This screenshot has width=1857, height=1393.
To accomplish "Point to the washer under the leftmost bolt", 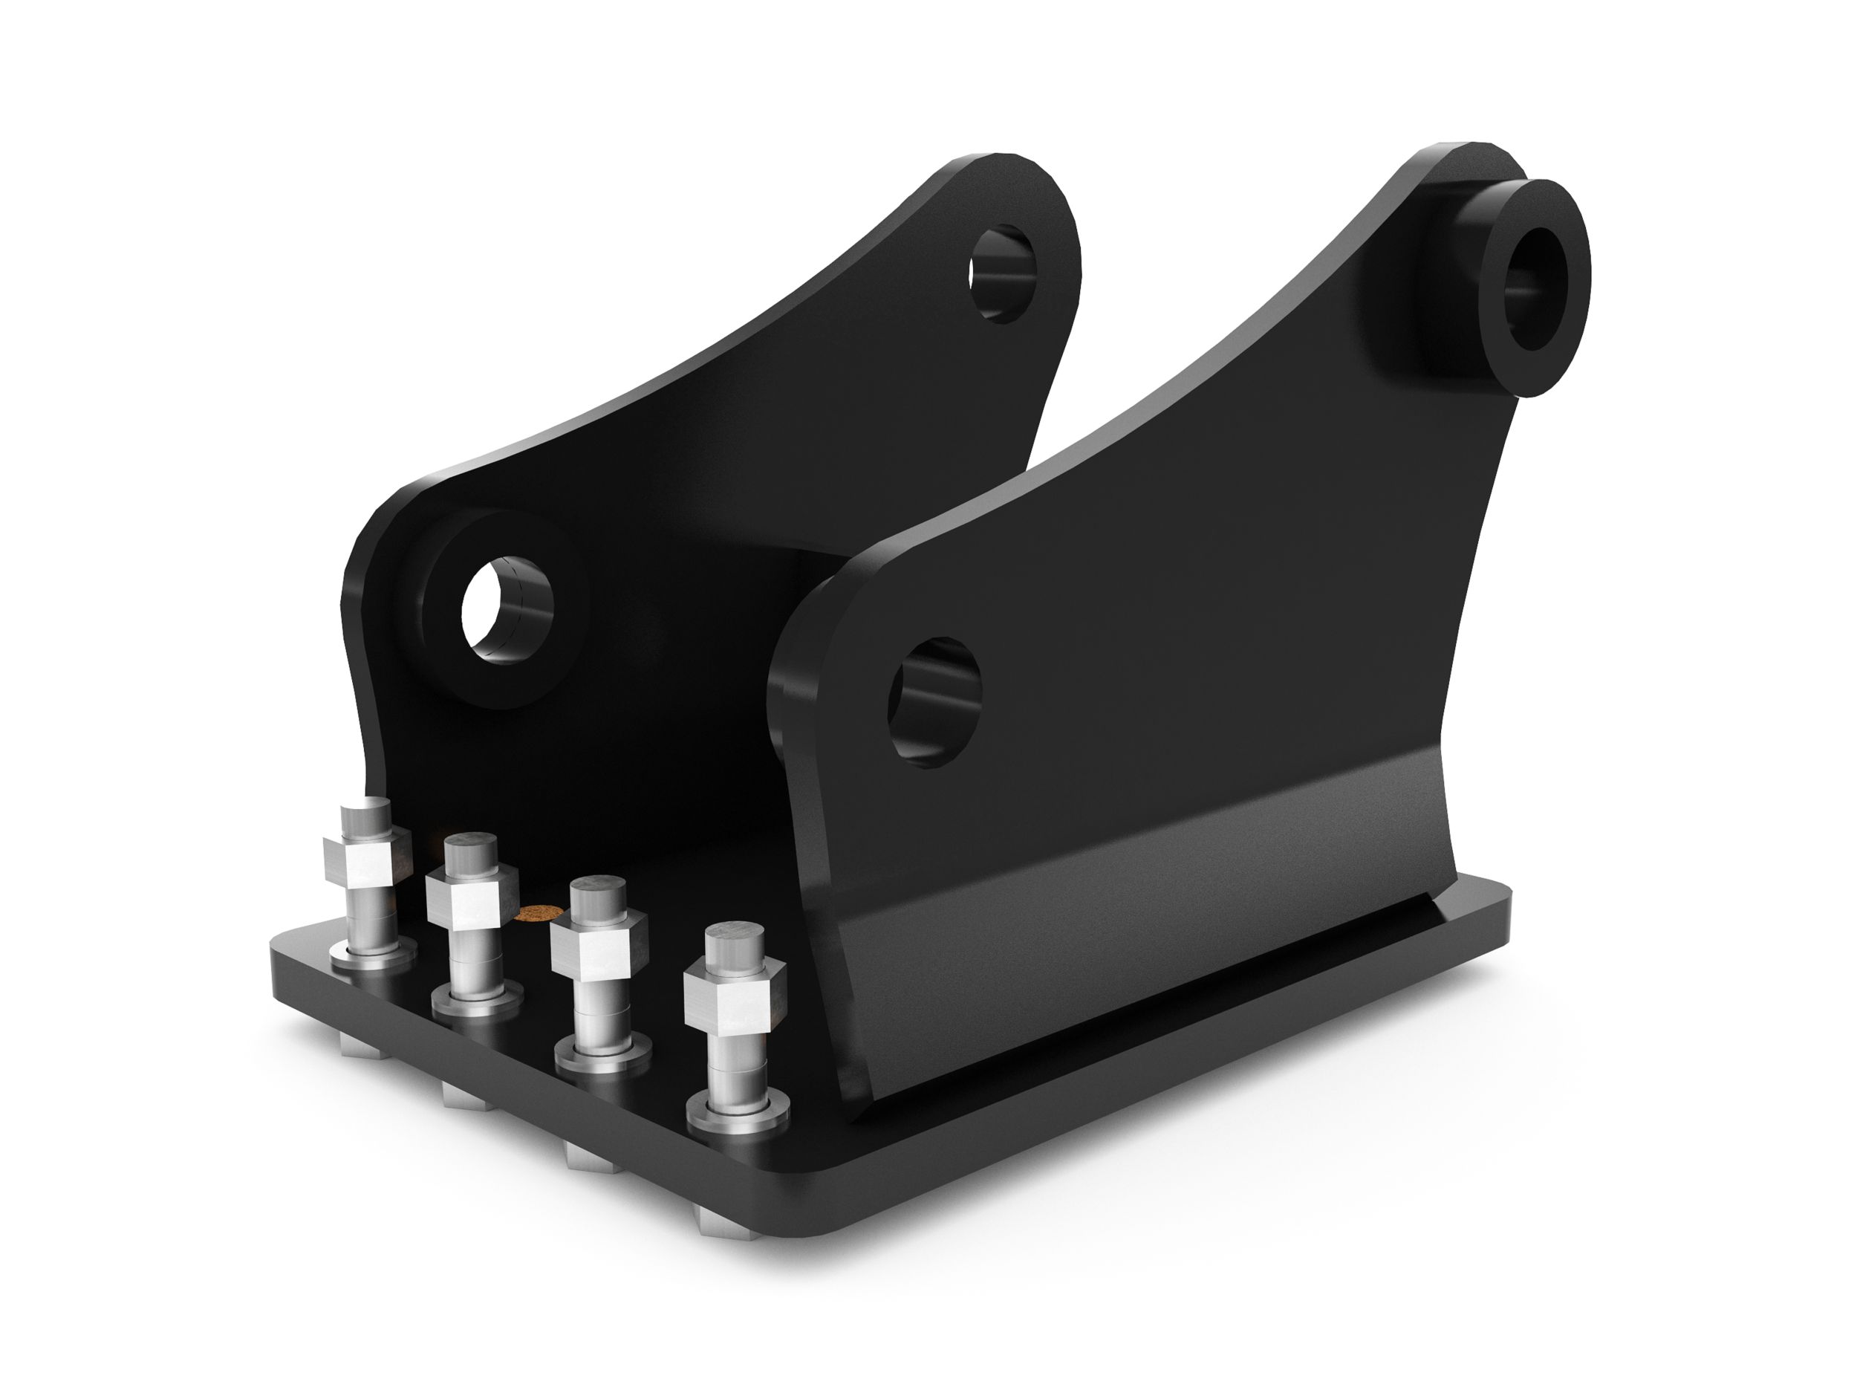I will click(373, 955).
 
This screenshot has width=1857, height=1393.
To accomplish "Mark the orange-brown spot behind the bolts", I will click(538, 913).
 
